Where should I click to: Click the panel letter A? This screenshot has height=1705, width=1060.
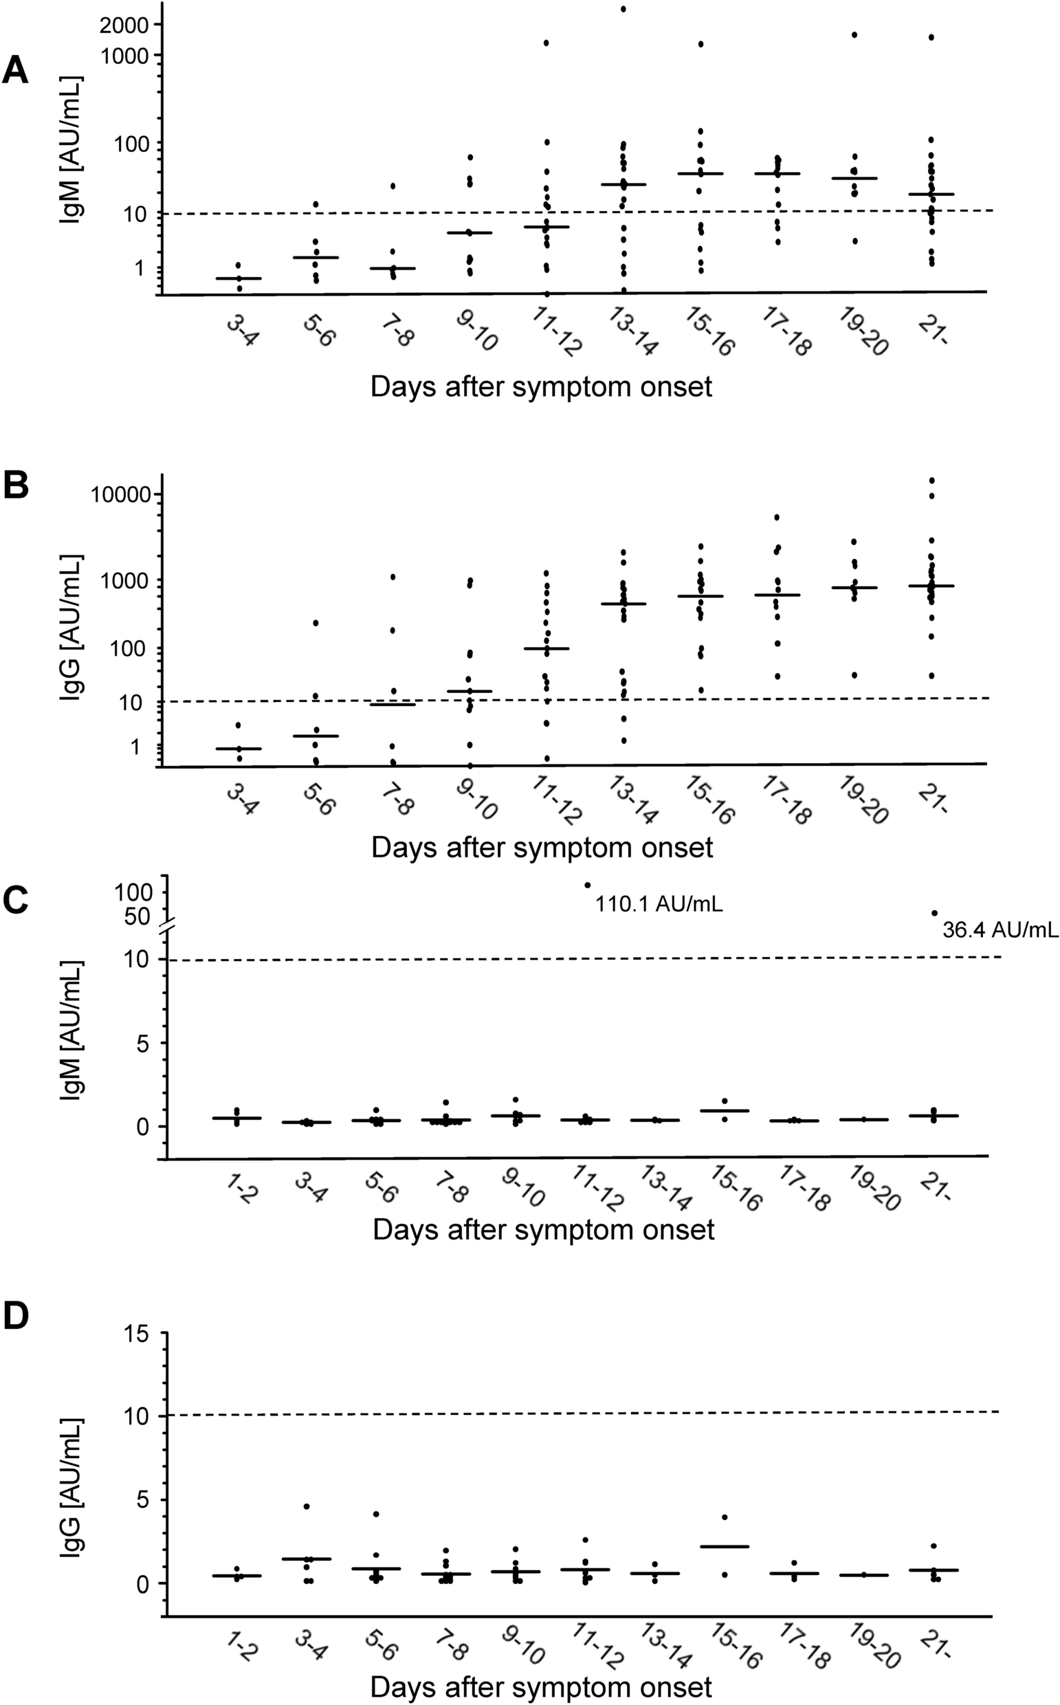[15, 71]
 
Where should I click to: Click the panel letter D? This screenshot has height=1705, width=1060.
[15, 1316]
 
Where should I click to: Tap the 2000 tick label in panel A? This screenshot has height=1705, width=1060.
[124, 26]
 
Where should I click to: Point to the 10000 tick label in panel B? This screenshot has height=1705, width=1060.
[120, 495]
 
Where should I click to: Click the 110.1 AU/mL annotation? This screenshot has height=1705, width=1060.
[659, 904]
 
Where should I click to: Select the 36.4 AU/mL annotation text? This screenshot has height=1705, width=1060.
[1000, 929]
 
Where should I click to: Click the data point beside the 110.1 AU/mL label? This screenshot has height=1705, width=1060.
[588, 885]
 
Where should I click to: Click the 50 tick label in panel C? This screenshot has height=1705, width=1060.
[137, 916]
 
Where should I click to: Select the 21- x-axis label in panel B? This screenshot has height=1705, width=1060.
[933, 798]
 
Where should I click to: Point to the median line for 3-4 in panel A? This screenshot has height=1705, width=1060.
[239, 278]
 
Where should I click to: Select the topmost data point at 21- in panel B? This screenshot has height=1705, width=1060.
[931, 481]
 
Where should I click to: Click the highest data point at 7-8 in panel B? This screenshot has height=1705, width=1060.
[393, 577]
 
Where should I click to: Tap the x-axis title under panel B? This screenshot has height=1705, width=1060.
[541, 848]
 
